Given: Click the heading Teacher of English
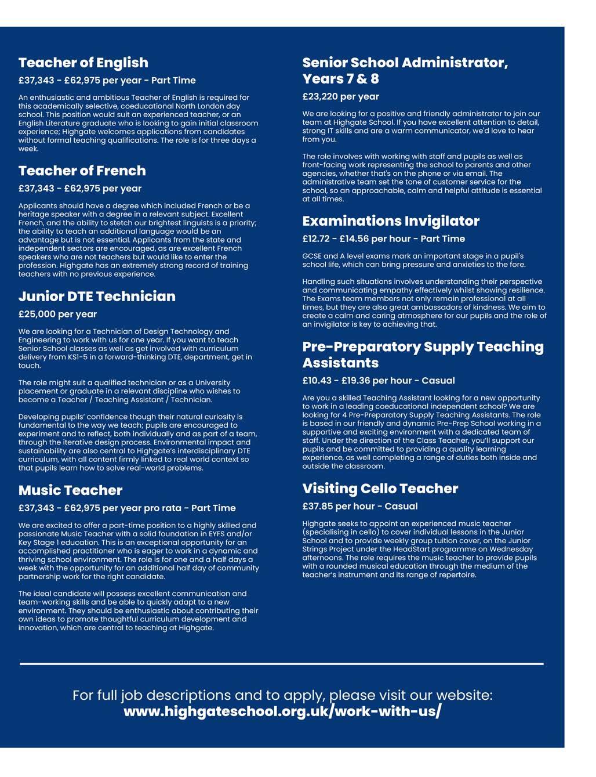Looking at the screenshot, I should tap(83, 63).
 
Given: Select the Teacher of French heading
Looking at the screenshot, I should tap(82, 171).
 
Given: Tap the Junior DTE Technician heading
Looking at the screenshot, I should tap(96, 297).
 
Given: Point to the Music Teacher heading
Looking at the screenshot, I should tap(70, 490).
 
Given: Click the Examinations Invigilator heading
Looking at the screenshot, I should tap(391, 221).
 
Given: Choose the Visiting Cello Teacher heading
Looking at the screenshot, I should tap(380, 489).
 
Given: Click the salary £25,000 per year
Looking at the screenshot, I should tap(57, 314).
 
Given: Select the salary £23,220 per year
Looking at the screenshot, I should tap(340, 96).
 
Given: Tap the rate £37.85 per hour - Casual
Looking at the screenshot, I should tap(359, 506).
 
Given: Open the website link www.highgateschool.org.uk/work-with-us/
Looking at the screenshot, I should tap(282, 711).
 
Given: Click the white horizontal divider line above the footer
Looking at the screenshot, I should tap(282, 663).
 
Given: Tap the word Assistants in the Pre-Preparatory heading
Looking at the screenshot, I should tap(340, 363).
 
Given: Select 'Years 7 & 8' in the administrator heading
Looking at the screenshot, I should tap(340, 79).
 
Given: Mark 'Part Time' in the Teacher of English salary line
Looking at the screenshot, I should tap(173, 80).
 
